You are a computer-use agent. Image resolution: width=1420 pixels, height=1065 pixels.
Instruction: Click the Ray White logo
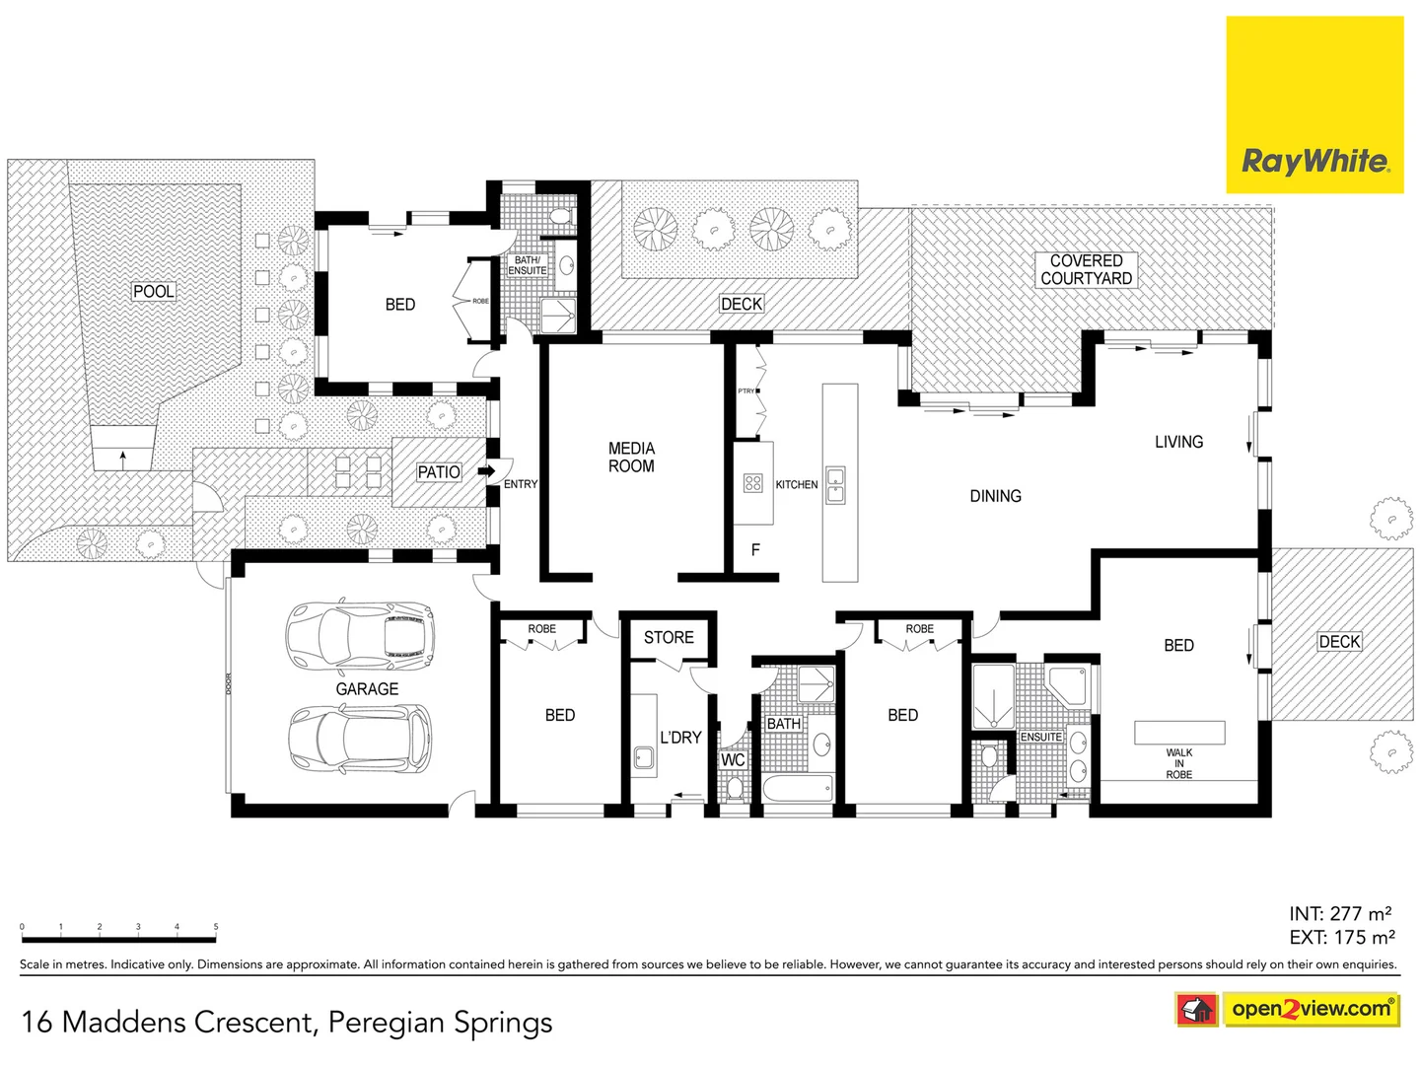[x=1314, y=161]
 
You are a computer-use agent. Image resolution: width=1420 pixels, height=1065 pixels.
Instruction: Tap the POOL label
[x=154, y=291]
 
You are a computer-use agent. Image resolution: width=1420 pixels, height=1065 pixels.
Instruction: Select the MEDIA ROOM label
[x=631, y=458]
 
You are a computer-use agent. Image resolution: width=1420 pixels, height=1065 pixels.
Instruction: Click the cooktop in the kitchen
[x=753, y=483]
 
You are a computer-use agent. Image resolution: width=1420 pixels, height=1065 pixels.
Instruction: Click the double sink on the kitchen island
[x=835, y=485]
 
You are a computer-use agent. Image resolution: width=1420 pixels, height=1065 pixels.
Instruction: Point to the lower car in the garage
[x=360, y=739]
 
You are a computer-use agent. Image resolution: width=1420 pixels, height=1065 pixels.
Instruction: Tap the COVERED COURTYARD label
[x=1086, y=269]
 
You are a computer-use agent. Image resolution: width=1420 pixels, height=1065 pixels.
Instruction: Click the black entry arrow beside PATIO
[x=486, y=471]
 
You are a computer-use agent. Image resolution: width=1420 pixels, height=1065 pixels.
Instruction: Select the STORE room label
[x=669, y=637]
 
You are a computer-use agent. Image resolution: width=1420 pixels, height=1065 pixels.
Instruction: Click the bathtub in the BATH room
[x=797, y=790]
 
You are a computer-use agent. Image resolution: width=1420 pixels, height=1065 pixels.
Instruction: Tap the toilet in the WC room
[x=734, y=788]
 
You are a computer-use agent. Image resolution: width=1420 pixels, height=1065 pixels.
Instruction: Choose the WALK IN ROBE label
[x=1178, y=763]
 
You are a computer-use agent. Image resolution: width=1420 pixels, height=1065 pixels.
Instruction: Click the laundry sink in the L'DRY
[x=644, y=758]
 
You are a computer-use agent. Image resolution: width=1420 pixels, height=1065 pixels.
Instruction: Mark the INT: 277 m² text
[x=1340, y=913]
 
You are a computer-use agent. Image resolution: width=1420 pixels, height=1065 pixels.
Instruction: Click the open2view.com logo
[x=1311, y=1009]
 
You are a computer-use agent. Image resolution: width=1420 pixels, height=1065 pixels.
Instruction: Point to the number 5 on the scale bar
[x=216, y=927]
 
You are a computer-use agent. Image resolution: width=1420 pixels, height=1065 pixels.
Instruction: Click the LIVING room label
[x=1178, y=442]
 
